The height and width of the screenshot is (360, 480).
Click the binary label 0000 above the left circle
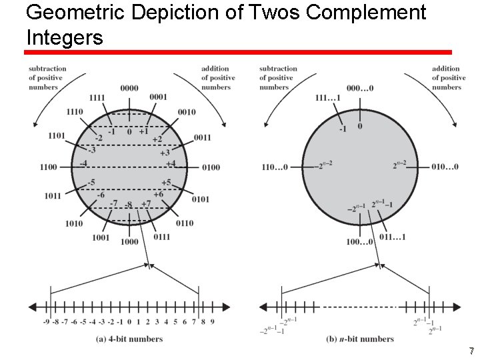(x=129, y=88)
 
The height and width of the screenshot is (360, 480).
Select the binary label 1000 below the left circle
(x=129, y=241)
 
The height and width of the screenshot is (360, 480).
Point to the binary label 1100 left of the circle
(x=49, y=167)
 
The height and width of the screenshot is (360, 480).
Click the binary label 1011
(x=53, y=196)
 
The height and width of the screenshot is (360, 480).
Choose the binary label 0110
(x=185, y=223)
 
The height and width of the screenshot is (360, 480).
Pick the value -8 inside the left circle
(x=129, y=204)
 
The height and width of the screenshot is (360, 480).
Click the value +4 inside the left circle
(x=170, y=163)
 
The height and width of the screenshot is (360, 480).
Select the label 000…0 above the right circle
(x=360, y=88)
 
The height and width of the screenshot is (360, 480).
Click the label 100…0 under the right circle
(x=359, y=241)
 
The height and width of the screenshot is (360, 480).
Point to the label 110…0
(x=275, y=167)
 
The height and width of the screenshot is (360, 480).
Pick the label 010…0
(x=445, y=167)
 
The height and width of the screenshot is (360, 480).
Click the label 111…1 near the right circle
(x=328, y=99)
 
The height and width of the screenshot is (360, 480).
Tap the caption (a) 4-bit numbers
(x=129, y=339)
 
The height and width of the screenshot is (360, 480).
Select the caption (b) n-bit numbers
(x=360, y=339)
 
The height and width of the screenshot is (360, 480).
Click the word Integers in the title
(x=65, y=37)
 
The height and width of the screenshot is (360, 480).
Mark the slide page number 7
(x=471, y=351)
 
